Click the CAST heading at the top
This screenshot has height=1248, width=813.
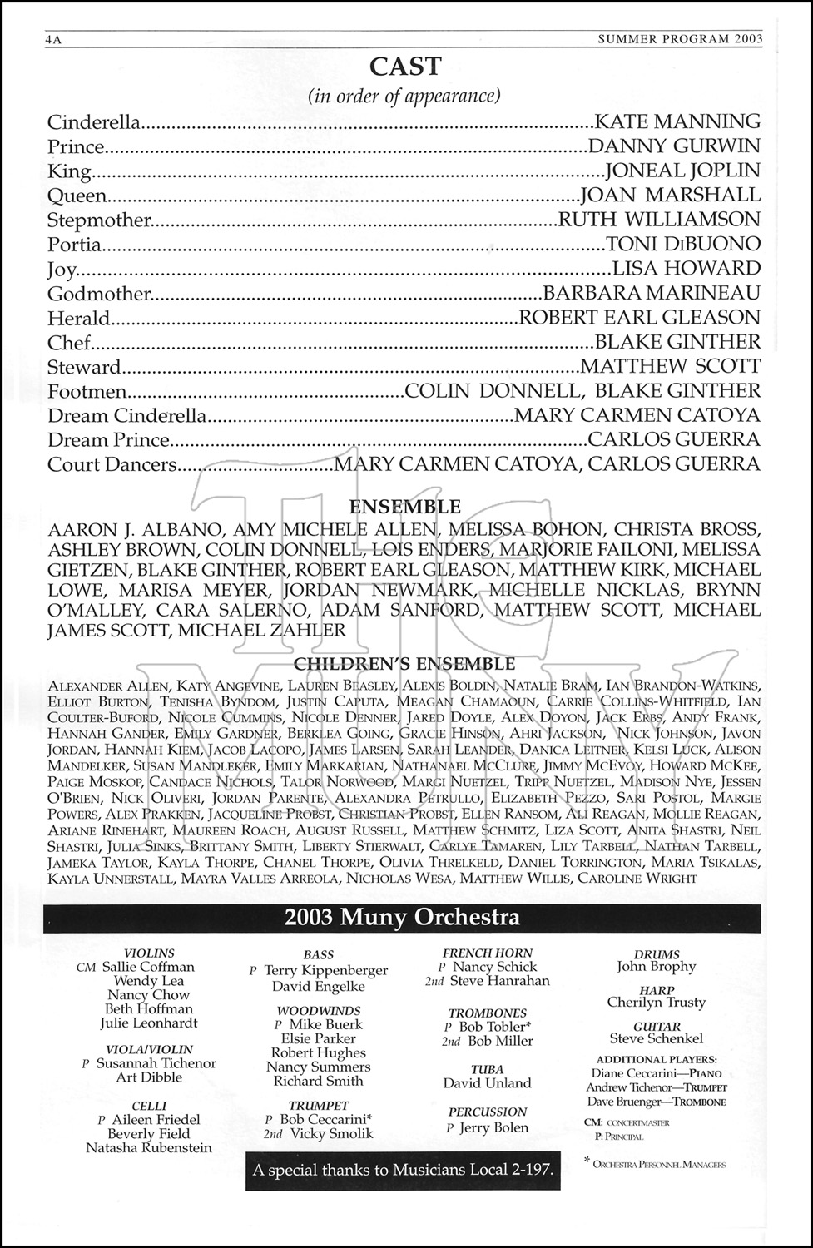405,66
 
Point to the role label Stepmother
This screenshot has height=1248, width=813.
100,220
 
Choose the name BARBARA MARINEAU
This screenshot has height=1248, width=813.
651,294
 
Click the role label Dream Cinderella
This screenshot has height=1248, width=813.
126,416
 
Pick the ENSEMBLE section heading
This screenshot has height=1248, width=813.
405,507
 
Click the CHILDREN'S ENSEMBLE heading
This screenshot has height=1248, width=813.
405,664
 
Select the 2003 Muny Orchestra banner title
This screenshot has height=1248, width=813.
402,918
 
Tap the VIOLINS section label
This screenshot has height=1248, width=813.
149,953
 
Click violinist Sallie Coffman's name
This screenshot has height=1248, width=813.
148,967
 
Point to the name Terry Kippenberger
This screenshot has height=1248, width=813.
325,970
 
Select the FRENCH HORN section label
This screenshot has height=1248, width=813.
488,953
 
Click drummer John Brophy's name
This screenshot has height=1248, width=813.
656,967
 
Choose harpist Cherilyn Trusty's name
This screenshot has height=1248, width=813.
656,1003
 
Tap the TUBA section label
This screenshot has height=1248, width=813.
487,1069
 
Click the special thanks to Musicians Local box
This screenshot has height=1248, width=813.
403,1171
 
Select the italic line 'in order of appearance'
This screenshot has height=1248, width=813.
404,96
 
